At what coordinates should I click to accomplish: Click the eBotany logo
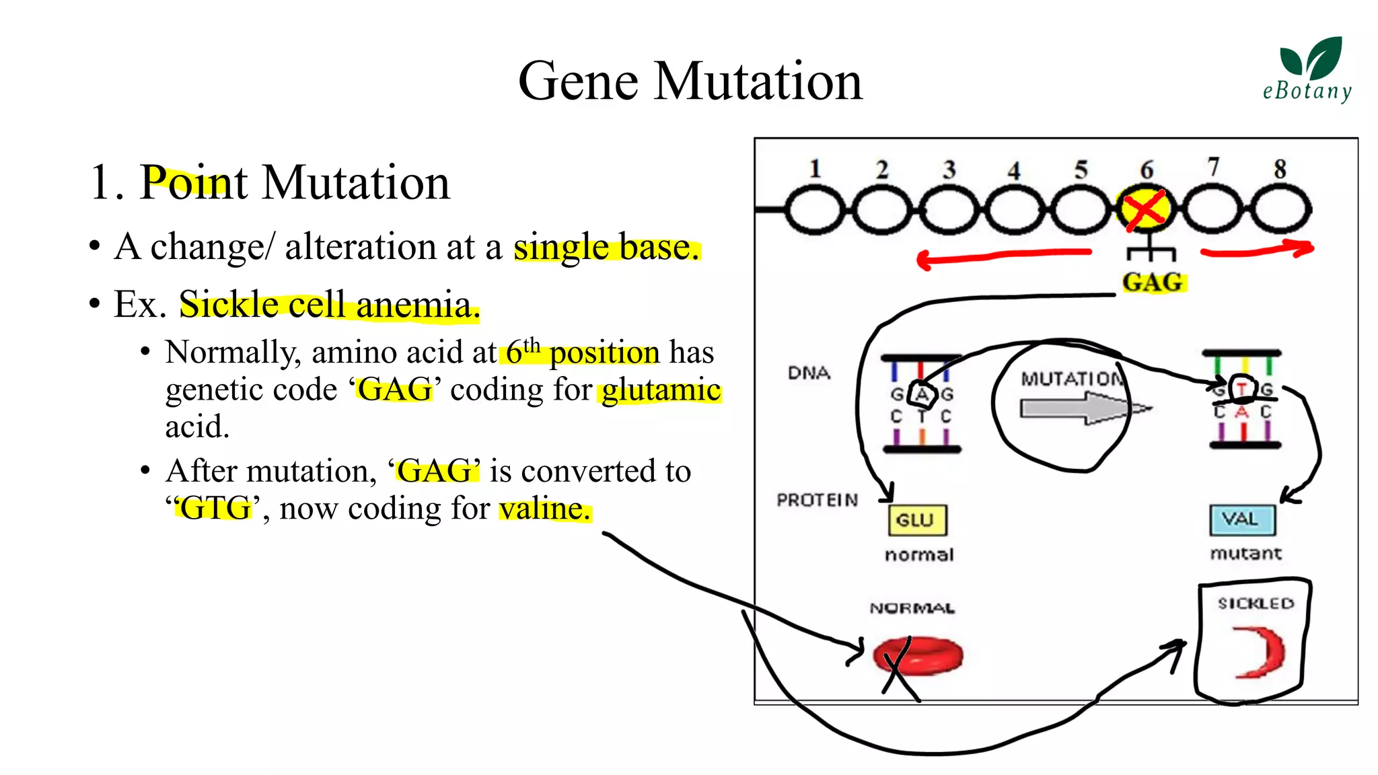pos(1308,70)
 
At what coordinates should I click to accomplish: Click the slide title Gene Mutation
pos(690,81)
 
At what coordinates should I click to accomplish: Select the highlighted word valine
pos(544,509)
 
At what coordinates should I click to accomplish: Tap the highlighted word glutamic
pos(661,390)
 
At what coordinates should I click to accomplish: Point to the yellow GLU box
pos(917,520)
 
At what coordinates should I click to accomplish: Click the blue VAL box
pos(1241,519)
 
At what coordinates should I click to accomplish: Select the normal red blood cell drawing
pos(918,655)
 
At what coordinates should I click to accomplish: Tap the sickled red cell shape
pos(1260,651)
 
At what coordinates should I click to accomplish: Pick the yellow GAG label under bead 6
pos(1153,282)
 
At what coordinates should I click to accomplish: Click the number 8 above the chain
pos(1280,169)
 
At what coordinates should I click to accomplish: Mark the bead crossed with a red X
pos(1146,210)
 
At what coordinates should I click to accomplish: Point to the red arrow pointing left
pos(1003,256)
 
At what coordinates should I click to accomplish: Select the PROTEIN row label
pos(817,500)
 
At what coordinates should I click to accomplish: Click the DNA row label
pos(809,373)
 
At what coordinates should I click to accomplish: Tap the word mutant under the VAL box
pos(1245,554)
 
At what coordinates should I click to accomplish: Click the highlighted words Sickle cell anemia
pos(329,305)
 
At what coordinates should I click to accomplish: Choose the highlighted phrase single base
pos(606,248)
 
